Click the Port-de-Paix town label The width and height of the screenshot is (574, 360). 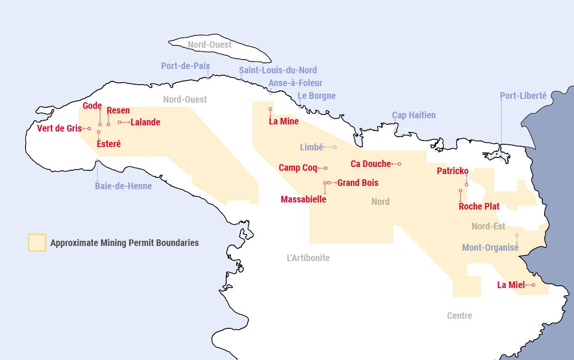pyautogui.click(x=185, y=66)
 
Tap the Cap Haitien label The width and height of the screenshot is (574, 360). pyautogui.click(x=414, y=115)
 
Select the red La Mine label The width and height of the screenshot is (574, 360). pyautogui.click(x=283, y=121)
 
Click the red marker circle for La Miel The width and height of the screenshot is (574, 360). pyautogui.click(x=533, y=285)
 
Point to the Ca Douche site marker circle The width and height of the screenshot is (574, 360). pyautogui.click(x=399, y=164)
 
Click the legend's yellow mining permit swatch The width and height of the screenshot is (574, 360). pyautogui.click(x=37, y=242)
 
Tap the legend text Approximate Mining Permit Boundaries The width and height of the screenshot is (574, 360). pyautogui.click(x=124, y=243)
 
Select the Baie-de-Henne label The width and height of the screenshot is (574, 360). pyautogui.click(x=123, y=186)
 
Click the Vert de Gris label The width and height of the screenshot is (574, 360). pyautogui.click(x=59, y=128)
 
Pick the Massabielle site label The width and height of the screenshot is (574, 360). pyautogui.click(x=303, y=199)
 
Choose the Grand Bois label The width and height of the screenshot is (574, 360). pyautogui.click(x=358, y=183)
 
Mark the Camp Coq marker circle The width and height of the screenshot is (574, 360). pyautogui.click(x=326, y=168)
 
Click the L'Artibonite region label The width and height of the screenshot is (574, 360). pyautogui.click(x=308, y=258)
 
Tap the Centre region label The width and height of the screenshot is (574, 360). pyautogui.click(x=459, y=316)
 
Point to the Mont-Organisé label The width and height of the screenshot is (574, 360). pyautogui.click(x=490, y=247)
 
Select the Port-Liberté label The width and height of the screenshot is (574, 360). pyautogui.click(x=523, y=96)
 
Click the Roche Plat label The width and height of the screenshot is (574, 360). pyautogui.click(x=479, y=206)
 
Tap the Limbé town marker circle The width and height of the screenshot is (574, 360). pyautogui.click(x=335, y=147)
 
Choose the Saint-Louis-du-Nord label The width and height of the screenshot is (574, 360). pyautogui.click(x=278, y=70)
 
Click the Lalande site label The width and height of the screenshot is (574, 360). pyautogui.click(x=145, y=122)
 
